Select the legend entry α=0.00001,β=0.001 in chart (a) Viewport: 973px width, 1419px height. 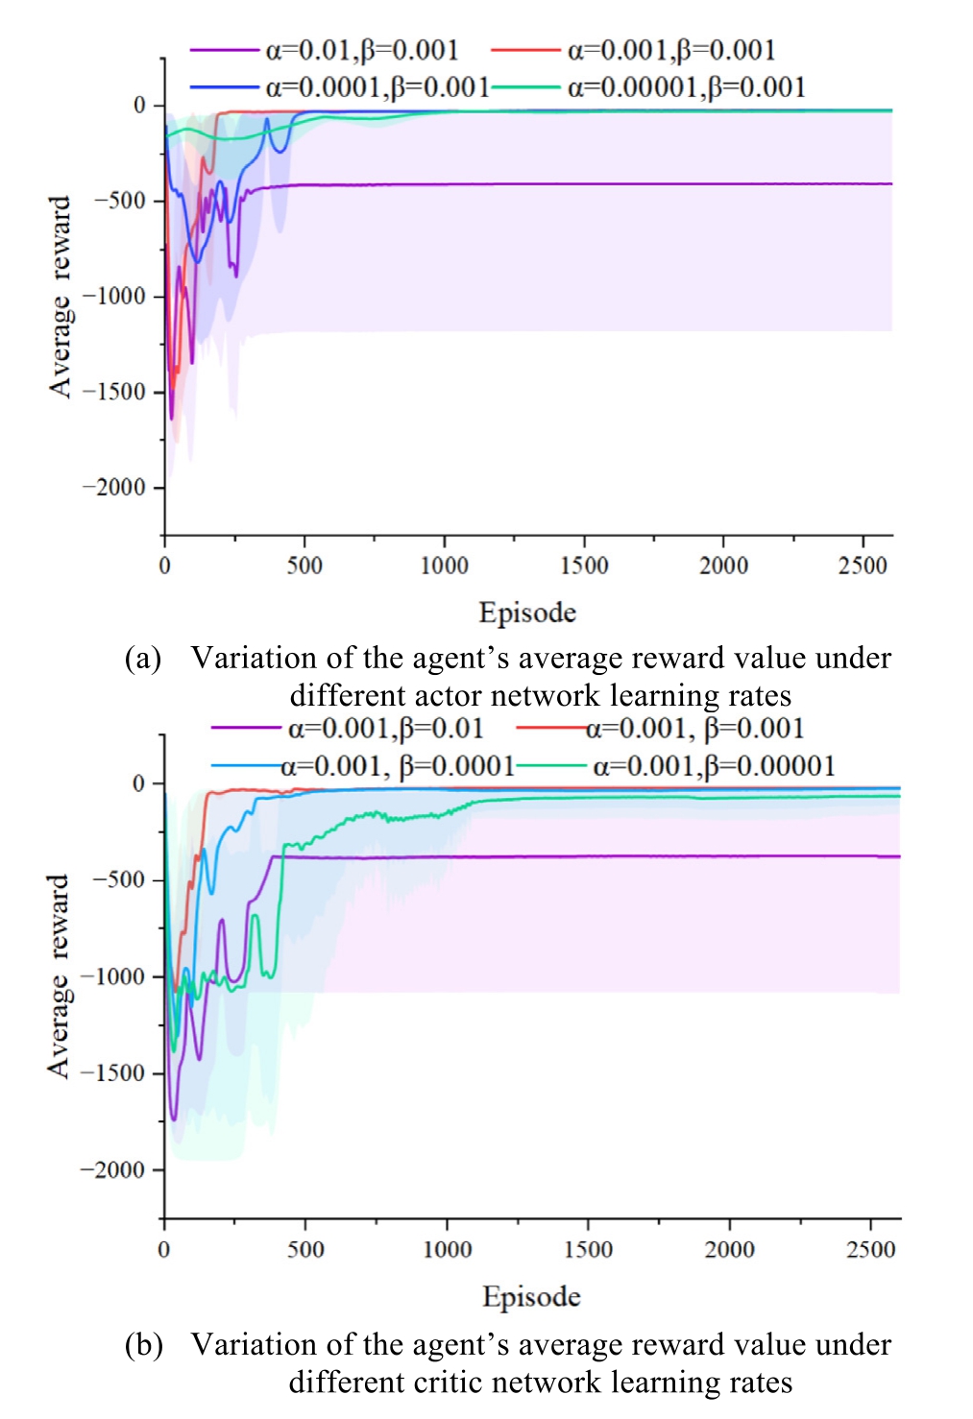point(686,88)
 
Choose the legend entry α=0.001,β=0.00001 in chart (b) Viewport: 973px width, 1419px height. point(714,766)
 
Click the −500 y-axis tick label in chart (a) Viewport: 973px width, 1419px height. point(119,201)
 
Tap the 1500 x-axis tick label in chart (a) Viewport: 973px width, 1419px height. point(584,565)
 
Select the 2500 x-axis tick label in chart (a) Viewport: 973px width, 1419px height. point(863,565)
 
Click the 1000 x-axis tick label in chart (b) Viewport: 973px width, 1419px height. point(448,1250)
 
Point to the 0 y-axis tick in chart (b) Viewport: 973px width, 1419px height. point(140,783)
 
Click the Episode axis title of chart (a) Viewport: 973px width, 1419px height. point(527,613)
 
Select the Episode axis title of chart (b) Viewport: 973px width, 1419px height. point(531,1297)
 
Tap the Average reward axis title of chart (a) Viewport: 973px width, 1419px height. point(61,297)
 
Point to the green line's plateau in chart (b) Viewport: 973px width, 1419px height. point(720,797)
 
